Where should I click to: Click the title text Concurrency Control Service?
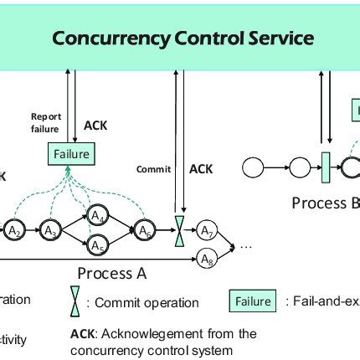pyautogui.click(x=183, y=39)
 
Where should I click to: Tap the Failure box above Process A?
pyautogui.click(x=71, y=155)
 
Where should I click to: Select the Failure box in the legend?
pyautogui.click(x=252, y=301)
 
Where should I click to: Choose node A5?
pyautogui.click(x=97, y=246)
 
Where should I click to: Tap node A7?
pyautogui.click(x=207, y=230)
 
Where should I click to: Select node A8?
pyautogui.click(x=207, y=260)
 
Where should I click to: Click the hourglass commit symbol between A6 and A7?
pyautogui.click(x=177, y=230)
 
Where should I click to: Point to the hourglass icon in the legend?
pyautogui.click(x=75, y=301)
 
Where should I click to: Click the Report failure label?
pyautogui.click(x=45, y=123)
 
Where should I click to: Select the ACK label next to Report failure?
pyautogui.click(x=95, y=126)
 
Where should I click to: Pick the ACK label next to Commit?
pyautogui.click(x=201, y=169)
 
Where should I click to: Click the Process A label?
pyautogui.click(x=105, y=273)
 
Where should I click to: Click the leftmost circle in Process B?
pyautogui.click(x=252, y=168)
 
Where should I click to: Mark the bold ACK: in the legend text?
pyautogui.click(x=87, y=333)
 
